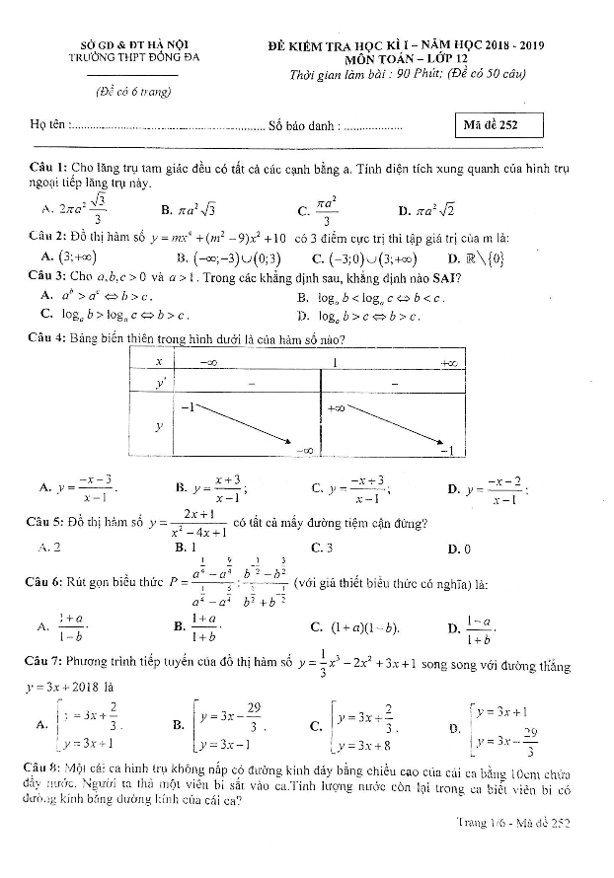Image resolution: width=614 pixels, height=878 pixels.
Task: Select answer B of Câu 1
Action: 187,209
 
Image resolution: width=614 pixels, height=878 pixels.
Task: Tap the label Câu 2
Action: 46,238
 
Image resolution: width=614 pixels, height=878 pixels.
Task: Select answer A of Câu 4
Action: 79,487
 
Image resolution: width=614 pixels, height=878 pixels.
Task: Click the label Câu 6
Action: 46,583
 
